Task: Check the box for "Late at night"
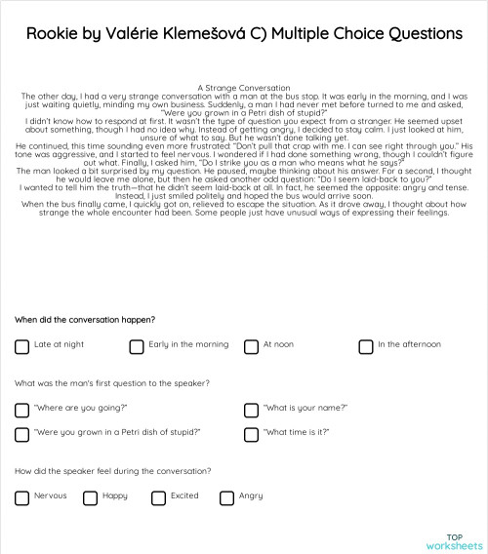(x=21, y=346)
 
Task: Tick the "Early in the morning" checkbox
(x=137, y=346)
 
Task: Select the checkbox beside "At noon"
(x=251, y=346)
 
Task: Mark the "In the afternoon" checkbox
(x=365, y=346)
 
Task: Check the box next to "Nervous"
(x=21, y=497)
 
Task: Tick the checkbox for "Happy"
(x=90, y=497)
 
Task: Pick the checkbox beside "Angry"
(x=226, y=497)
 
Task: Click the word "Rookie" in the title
(x=54, y=33)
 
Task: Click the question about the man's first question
(x=112, y=383)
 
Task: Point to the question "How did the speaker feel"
(x=112, y=471)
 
